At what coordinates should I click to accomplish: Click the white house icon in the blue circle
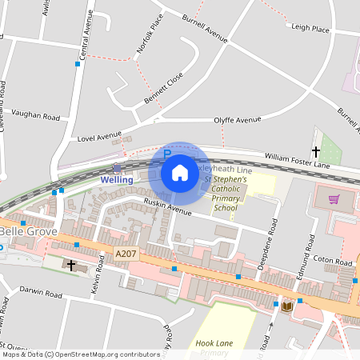[180, 172]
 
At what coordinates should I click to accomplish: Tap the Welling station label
[117, 180]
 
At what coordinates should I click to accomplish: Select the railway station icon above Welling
[118, 168]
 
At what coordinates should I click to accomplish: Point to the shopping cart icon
[334, 199]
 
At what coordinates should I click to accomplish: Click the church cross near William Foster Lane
[315, 151]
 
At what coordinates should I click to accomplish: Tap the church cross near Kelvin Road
[71, 264]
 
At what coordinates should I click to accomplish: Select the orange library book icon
[286, 306]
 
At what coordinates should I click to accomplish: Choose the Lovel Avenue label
[99, 138]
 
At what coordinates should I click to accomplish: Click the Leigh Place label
[310, 29]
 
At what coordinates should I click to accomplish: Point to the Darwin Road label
[40, 294]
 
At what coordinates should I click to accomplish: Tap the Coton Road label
[333, 261]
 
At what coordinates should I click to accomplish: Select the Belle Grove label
[25, 231]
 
